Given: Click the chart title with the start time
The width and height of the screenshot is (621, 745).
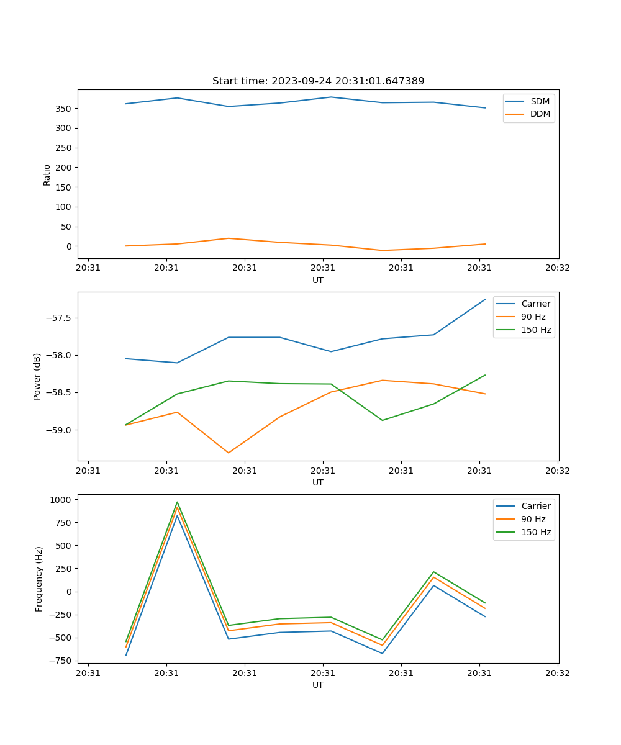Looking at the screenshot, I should coord(318,81).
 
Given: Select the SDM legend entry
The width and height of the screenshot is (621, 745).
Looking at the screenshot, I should coord(539,101).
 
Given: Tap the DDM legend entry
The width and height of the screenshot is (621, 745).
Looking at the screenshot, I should coord(539,114).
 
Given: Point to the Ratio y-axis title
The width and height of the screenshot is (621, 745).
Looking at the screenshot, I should coord(47,174).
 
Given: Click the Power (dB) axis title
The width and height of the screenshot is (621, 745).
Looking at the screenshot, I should coord(37,376).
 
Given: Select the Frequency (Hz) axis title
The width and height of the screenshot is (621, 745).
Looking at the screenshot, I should coord(39,579).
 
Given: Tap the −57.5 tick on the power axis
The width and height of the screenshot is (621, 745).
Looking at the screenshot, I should coord(58,318).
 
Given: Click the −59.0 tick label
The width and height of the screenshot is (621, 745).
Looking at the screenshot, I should coord(58,430).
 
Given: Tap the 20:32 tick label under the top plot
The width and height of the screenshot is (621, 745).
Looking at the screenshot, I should coord(557,268).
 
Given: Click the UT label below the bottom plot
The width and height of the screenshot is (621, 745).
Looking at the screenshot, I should coord(318,685).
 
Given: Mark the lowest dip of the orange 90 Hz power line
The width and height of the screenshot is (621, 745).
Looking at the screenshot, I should coord(229,453).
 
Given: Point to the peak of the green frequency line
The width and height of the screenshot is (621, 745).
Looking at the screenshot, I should coord(177,502).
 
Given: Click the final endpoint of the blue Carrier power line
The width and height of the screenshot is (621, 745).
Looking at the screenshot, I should coord(485,299).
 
